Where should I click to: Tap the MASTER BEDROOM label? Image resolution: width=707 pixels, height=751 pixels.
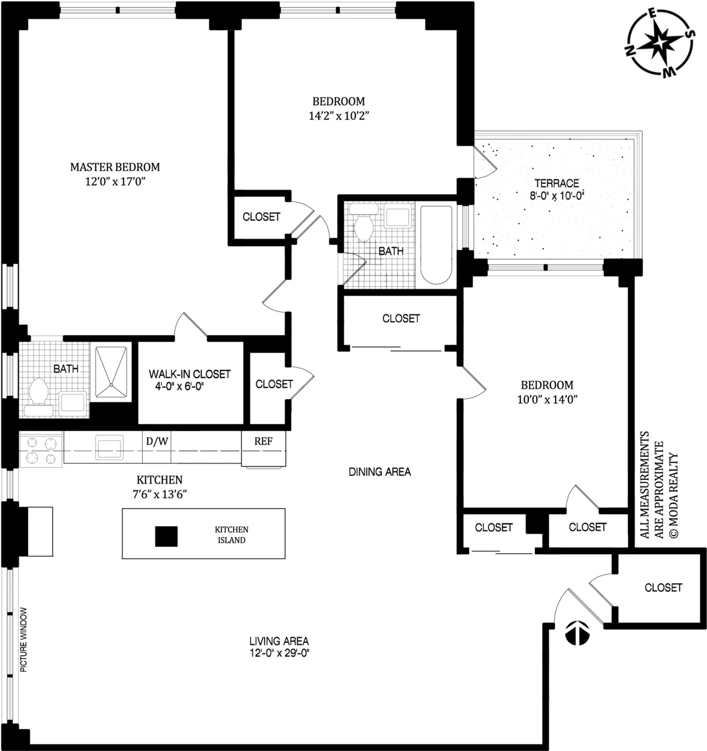115,167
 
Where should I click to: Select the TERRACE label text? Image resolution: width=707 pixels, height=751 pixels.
557,183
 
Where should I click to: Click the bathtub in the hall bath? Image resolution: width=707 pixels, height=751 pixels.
437,244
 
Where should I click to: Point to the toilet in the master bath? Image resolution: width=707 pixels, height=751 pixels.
39,392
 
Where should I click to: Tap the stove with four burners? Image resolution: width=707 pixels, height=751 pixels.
41,449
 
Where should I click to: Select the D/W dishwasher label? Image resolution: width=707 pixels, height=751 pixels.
156,440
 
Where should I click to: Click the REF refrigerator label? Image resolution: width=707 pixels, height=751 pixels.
263,441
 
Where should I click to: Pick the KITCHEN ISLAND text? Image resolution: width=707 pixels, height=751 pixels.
232,535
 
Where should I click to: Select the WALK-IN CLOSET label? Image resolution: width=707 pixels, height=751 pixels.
189,374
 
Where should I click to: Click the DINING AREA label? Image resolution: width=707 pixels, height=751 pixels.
379,472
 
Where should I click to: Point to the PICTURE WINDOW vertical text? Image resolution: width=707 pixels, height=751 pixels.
24,639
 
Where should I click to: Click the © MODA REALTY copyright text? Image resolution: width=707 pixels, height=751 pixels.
675,495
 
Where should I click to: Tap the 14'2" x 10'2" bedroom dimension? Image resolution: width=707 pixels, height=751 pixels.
338,116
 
